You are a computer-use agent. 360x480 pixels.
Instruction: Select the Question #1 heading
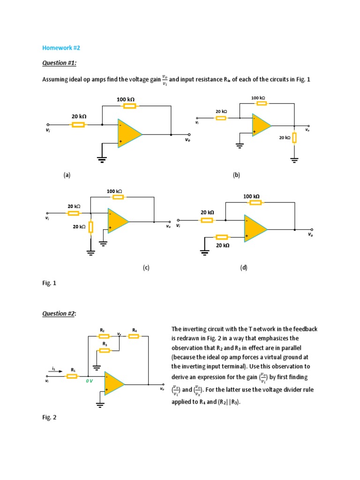click(60, 63)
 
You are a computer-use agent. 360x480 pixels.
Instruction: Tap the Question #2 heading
click(60, 314)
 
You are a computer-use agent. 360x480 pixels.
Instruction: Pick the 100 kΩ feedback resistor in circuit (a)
click(129, 106)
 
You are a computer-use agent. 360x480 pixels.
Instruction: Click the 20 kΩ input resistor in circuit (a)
click(78, 125)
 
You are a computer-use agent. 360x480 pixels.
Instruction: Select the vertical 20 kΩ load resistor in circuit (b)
click(294, 138)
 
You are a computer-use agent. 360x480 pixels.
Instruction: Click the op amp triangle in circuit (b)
click(261, 125)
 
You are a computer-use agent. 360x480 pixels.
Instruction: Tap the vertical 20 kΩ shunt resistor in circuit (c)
click(91, 227)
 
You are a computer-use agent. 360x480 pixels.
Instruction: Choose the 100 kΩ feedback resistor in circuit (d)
click(255, 202)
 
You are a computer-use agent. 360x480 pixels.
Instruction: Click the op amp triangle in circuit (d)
click(255, 229)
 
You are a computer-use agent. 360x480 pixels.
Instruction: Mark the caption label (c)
click(146, 268)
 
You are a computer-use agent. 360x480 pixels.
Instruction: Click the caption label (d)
click(244, 268)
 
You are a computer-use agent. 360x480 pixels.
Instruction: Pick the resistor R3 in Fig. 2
click(105, 350)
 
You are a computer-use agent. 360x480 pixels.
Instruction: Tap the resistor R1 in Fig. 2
click(73, 375)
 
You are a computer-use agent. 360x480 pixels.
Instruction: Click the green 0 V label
click(89, 381)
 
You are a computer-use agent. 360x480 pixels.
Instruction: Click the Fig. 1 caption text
click(48, 284)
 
